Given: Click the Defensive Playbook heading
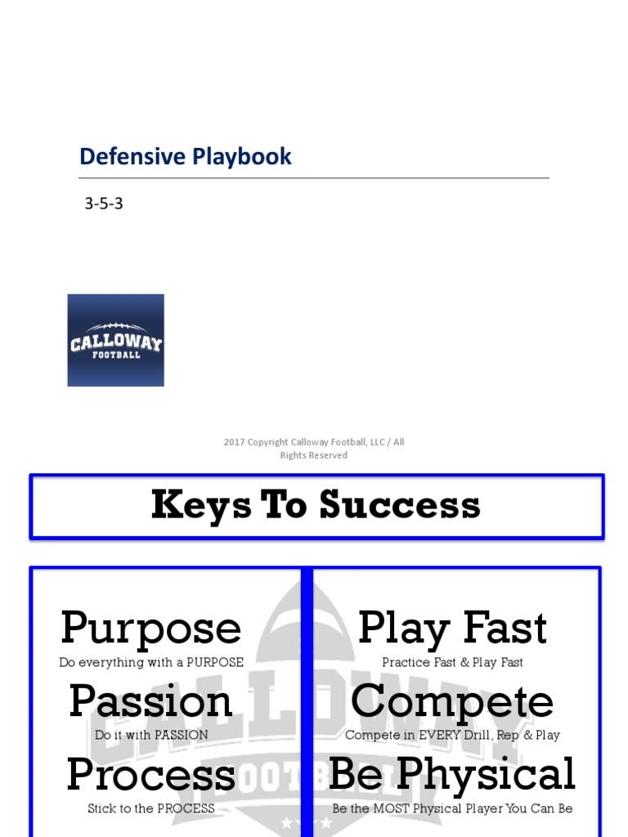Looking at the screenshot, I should tap(185, 157).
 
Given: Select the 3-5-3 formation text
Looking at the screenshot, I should tap(104, 204).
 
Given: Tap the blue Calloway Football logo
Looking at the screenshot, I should tap(115, 340).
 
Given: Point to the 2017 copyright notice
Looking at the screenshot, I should tap(314, 449).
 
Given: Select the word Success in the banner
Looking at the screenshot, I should tap(399, 506).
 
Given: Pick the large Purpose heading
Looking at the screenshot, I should tap(151, 629).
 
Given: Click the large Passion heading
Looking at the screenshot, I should tap(151, 701).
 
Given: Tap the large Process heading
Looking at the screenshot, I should tap(151, 775).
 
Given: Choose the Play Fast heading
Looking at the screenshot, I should tap(452, 629).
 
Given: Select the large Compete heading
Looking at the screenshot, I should tap(452, 701).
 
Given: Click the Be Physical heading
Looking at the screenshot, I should tap(452, 775).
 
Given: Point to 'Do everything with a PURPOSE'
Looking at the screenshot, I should tap(151, 663).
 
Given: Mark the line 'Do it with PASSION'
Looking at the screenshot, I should tap(151, 735).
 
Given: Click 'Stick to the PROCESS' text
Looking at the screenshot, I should tap(151, 808).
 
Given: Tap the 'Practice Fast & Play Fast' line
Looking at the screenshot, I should tap(452, 663).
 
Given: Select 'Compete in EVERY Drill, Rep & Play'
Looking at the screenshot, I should tap(452, 735).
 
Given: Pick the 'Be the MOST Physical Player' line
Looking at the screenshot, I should tap(452, 808).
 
